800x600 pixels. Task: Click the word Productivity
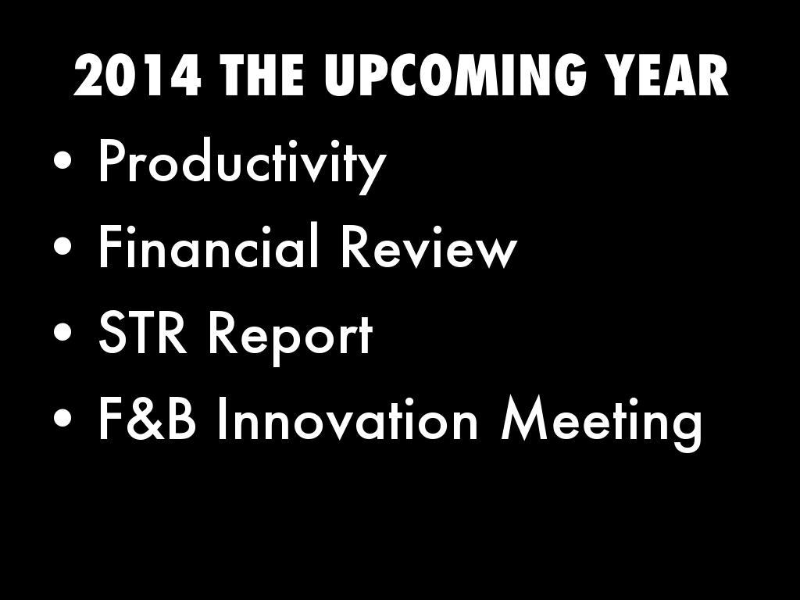pos(242,163)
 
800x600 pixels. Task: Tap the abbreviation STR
pos(143,334)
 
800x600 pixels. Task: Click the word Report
pos(291,337)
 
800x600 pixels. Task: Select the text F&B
pos(147,419)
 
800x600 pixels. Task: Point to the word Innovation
pos(348,419)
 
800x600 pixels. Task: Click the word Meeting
pos(602,423)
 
